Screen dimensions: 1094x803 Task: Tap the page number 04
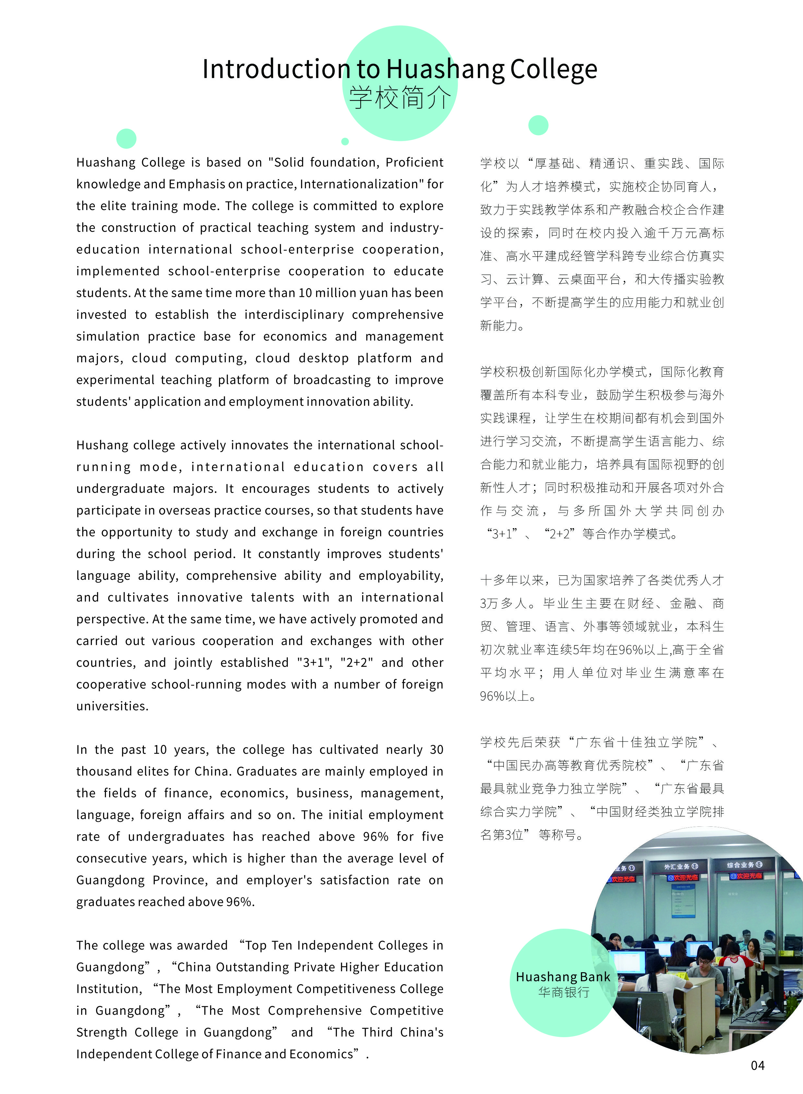click(757, 1066)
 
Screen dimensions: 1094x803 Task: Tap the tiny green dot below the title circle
click(345, 141)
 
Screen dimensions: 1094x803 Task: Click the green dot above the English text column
click(126, 138)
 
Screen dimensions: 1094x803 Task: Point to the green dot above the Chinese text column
click(538, 125)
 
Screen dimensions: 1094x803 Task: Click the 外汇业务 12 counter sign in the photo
click(681, 867)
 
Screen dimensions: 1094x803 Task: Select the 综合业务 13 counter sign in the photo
click(744, 865)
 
